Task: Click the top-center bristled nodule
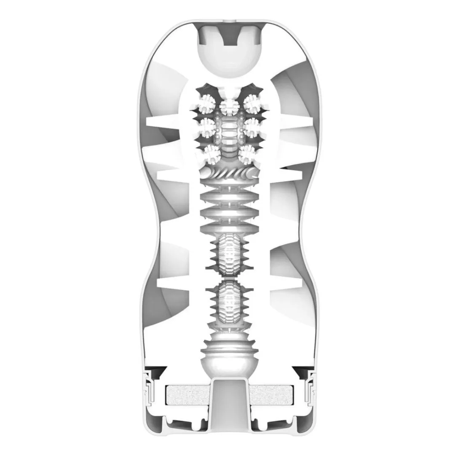pos(229,105)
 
